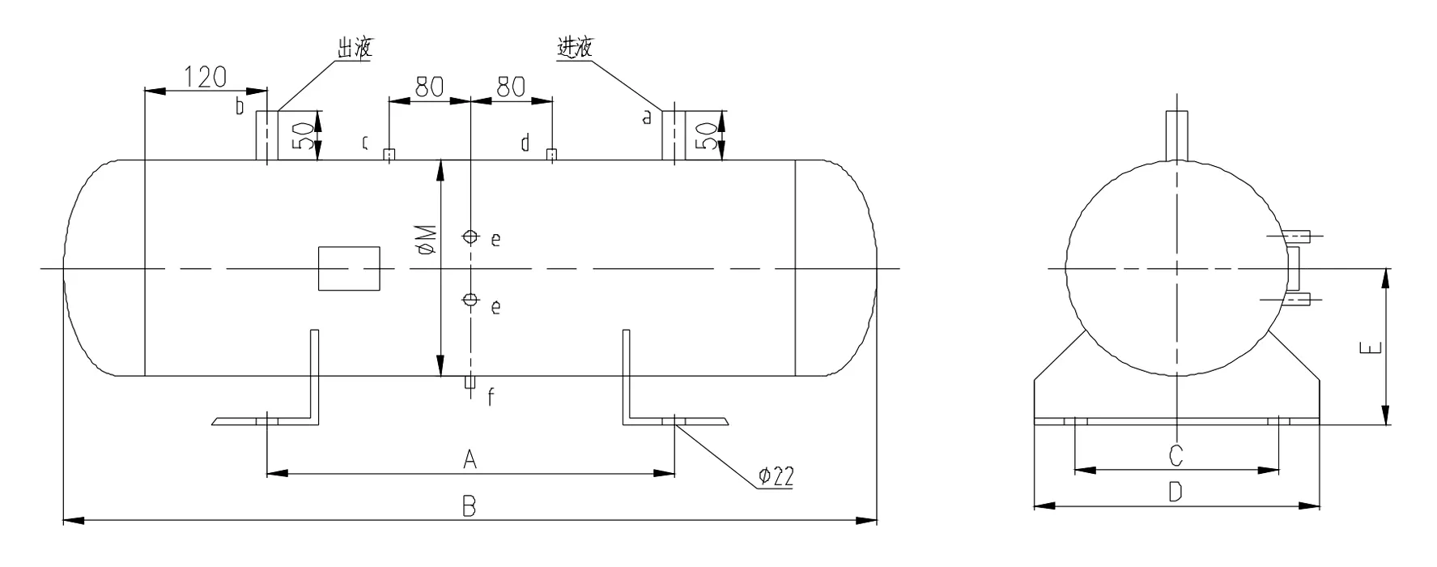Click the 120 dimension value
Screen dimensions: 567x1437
tap(206, 78)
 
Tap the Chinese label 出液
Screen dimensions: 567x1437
tap(355, 48)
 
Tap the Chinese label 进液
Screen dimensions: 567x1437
tap(575, 47)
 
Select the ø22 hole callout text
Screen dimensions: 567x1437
tap(775, 477)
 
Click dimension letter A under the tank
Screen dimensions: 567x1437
tap(470, 460)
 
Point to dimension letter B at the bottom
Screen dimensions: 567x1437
tap(469, 508)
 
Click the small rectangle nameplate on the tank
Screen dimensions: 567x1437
tap(349, 268)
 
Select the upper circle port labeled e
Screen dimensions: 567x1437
tap(470, 237)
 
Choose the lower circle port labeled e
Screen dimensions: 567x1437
tap(470, 301)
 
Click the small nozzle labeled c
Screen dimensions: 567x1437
tap(389, 155)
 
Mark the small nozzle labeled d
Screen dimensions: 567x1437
tap(551, 155)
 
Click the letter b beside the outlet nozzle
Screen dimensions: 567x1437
tap(240, 105)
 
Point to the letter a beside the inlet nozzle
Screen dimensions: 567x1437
tap(646, 117)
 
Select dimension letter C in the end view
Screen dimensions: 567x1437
tap(1176, 456)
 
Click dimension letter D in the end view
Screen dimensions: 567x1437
tap(1176, 492)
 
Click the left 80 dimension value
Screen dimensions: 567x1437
tap(429, 87)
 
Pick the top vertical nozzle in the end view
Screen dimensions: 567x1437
tap(1176, 135)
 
